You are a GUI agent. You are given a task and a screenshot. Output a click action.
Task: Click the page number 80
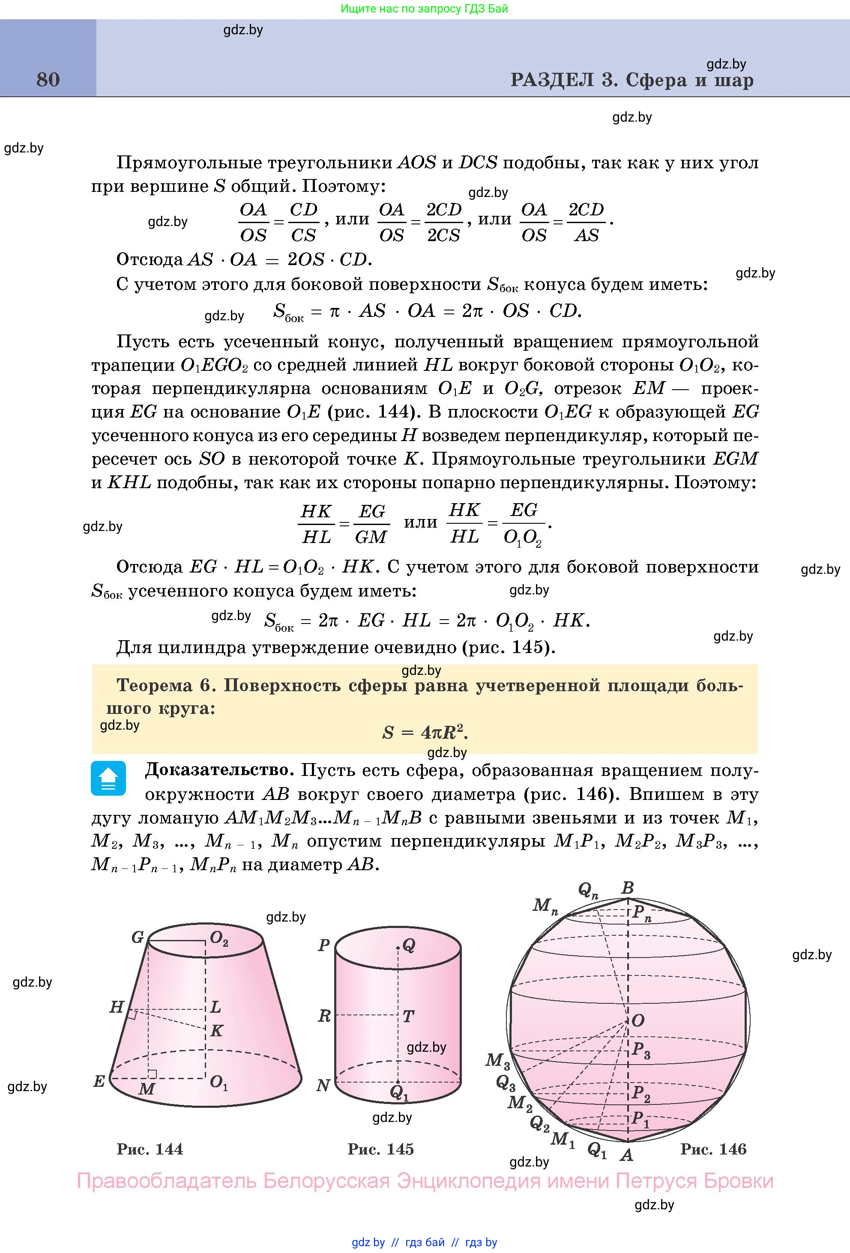[48, 80]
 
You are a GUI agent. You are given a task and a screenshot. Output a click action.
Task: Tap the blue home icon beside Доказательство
[108, 778]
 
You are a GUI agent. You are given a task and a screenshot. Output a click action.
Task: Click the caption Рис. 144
[150, 1149]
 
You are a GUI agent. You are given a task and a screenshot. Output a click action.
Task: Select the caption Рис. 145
[381, 1149]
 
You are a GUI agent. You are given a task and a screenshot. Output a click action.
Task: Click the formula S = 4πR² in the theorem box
[425, 732]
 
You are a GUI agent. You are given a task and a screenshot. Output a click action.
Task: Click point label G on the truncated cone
[138, 937]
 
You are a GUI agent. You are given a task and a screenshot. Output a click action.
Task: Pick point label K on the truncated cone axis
[217, 1031]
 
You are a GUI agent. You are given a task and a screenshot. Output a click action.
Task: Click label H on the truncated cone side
[117, 1007]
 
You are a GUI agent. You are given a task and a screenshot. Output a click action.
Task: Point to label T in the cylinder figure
[408, 1016]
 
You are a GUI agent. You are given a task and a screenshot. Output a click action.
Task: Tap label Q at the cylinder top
[409, 945]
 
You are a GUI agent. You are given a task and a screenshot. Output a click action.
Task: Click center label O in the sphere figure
[638, 1020]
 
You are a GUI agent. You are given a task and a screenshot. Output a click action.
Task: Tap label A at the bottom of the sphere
[626, 1155]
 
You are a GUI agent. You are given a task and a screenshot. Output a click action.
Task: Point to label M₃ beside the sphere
[497, 1061]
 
